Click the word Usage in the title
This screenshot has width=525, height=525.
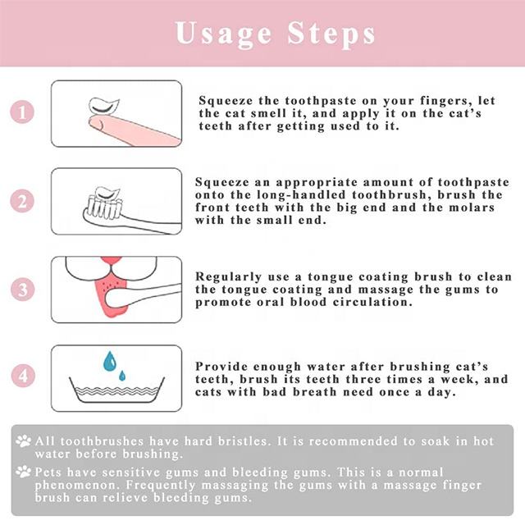(223, 34)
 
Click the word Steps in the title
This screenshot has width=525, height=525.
(331, 34)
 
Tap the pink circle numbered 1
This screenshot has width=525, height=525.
(22, 112)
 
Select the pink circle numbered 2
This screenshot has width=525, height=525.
(22, 201)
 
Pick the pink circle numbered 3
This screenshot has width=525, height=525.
(23, 290)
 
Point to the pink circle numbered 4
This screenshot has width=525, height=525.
(23, 376)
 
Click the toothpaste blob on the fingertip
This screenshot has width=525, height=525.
(104, 106)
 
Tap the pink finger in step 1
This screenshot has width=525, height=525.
(134, 130)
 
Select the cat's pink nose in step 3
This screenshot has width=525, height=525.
(111, 262)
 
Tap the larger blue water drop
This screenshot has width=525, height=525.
(110, 362)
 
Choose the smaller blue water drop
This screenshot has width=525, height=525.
(122, 376)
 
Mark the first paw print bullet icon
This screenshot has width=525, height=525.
(24, 441)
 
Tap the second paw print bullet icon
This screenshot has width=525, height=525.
(24, 472)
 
